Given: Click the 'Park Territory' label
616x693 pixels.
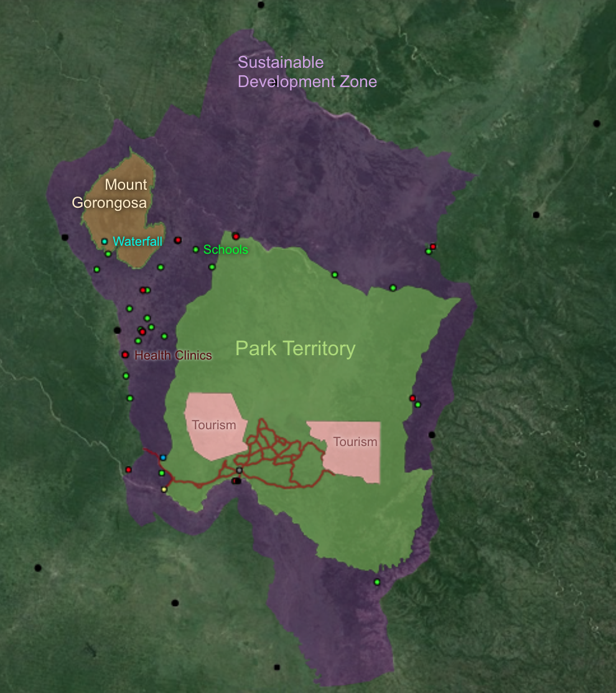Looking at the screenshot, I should (295, 348).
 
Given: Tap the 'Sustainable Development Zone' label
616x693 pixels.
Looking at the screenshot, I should (307, 72).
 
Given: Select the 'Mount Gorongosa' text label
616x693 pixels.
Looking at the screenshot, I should (110, 193).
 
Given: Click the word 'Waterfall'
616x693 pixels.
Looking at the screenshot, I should (138, 241).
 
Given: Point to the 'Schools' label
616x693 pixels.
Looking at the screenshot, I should (225, 250).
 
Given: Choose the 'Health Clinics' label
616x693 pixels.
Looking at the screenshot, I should (173, 356).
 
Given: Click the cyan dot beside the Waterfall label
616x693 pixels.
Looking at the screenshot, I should (105, 241).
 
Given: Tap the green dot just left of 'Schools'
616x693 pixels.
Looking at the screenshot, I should (196, 249).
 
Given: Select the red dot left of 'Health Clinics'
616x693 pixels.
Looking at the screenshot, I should (125, 355).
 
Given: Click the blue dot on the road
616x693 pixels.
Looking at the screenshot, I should (163, 457).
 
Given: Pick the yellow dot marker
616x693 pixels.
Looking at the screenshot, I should (164, 490).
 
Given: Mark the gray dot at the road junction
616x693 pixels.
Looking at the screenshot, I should (239, 470).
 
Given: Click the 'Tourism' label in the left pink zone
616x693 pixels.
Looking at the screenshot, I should (213, 426).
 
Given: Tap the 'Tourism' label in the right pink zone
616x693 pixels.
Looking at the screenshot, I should (355, 442).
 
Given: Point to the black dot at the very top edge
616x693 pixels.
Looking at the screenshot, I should (261, 5).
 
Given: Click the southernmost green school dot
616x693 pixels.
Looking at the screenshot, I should (377, 582).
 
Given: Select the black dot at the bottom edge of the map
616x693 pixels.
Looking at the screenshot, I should (277, 667).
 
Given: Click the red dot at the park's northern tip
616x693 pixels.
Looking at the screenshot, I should (236, 236).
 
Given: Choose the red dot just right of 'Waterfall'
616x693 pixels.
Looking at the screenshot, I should (178, 240).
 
